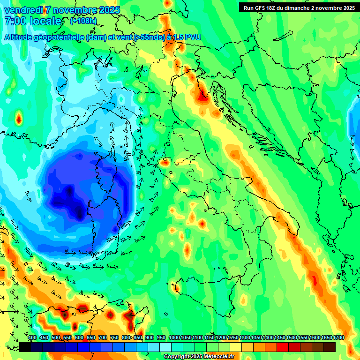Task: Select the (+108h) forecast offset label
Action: (83, 21)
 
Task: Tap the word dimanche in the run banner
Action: (300, 8)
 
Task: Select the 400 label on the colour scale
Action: (32, 338)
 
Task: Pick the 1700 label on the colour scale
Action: (326, 338)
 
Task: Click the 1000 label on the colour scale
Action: (174, 338)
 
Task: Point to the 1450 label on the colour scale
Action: (279, 338)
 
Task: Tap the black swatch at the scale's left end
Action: (25, 347)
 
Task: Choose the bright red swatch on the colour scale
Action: (282, 347)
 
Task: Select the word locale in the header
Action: (45, 21)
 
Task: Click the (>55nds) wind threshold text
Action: (149, 37)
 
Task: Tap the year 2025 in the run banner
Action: (348, 8)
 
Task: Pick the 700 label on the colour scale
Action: (103, 338)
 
